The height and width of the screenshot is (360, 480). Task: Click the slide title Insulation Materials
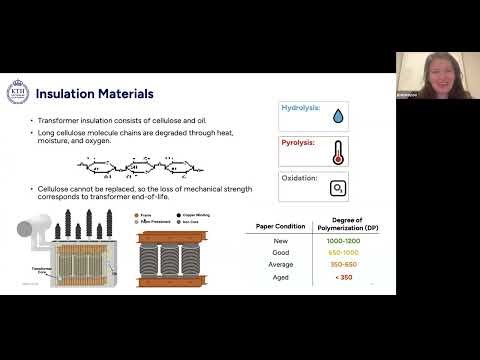point(94,94)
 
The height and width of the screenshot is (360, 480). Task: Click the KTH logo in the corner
point(17,92)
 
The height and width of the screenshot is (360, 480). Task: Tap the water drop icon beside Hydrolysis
point(339,116)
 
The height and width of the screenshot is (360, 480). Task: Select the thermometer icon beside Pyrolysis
point(339,152)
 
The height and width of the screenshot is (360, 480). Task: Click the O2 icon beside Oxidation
point(339,187)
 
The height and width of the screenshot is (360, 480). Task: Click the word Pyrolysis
point(299,143)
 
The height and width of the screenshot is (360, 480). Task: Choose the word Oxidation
point(299,178)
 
